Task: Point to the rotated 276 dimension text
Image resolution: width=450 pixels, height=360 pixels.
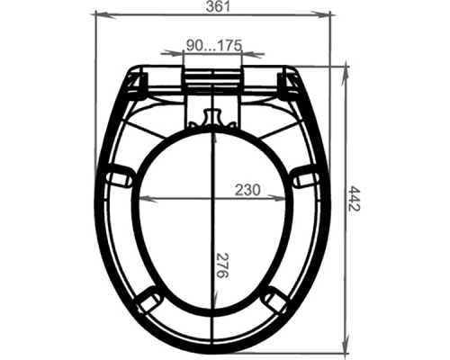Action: click(x=222, y=267)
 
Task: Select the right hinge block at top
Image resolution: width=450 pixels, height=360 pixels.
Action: click(x=290, y=84)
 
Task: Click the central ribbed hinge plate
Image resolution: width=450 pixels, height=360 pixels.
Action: click(x=213, y=77)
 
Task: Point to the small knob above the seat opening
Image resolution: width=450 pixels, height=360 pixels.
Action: click(x=213, y=118)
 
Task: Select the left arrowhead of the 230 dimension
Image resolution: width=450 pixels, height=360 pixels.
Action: click(x=141, y=198)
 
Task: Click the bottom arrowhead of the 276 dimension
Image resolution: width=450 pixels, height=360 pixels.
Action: click(x=213, y=309)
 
